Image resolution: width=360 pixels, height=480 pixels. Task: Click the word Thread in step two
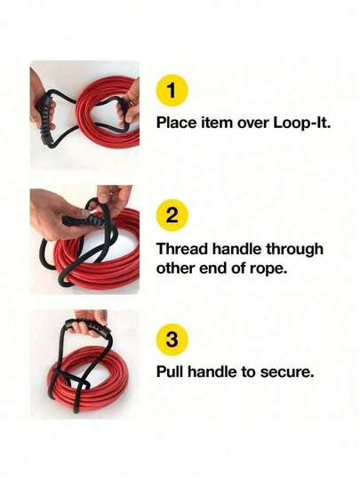click(182, 248)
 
